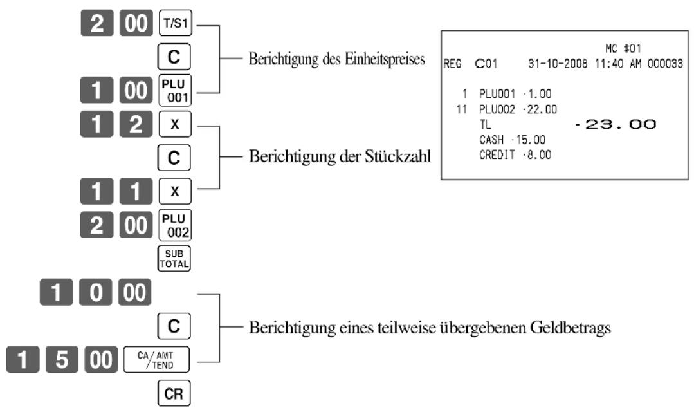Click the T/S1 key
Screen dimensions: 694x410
coord(176,23)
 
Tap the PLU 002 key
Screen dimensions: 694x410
coord(175,225)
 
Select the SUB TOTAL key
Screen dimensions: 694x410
coord(174,259)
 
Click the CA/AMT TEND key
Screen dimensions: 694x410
coord(156,360)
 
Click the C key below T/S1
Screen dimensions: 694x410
coord(174,57)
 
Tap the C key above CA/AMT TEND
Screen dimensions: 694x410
coord(174,326)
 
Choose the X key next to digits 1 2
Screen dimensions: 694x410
coord(175,124)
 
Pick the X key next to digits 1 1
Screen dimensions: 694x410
coord(175,191)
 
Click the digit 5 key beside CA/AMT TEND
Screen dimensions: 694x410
coord(62,360)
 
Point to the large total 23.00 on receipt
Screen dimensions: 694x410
coord(616,124)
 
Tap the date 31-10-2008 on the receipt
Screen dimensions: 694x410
coord(558,64)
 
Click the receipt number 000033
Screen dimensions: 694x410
coord(665,64)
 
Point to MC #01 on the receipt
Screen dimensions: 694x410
coord(623,48)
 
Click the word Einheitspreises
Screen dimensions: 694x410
coord(385,59)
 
